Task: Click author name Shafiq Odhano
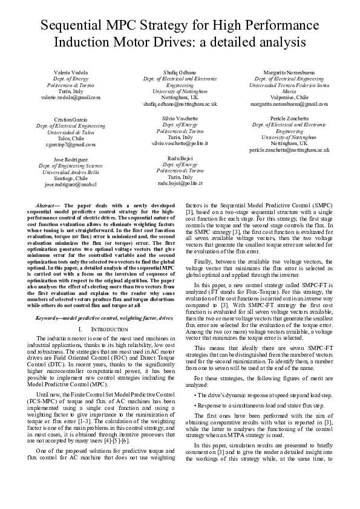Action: click(x=180, y=73)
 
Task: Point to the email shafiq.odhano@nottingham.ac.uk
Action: click(x=180, y=103)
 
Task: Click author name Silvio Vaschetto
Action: click(x=180, y=118)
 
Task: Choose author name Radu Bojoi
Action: click(x=180, y=158)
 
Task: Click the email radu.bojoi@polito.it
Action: click(x=180, y=182)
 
